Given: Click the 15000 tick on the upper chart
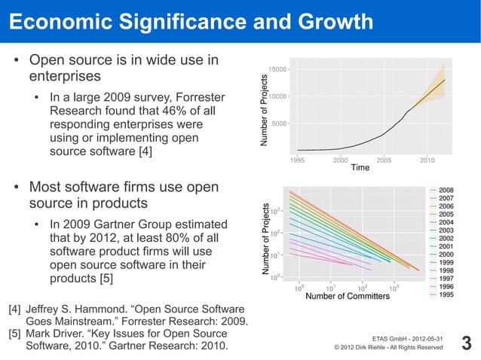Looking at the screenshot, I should click(277, 69).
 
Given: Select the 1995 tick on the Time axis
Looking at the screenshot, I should click(298, 160).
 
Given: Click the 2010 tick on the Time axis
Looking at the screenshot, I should click(427, 160).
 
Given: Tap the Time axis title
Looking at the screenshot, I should click(360, 167).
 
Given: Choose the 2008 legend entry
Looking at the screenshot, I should click(446, 190).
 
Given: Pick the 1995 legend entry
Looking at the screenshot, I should click(446, 294).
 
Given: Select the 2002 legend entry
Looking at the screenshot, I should click(446, 238).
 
